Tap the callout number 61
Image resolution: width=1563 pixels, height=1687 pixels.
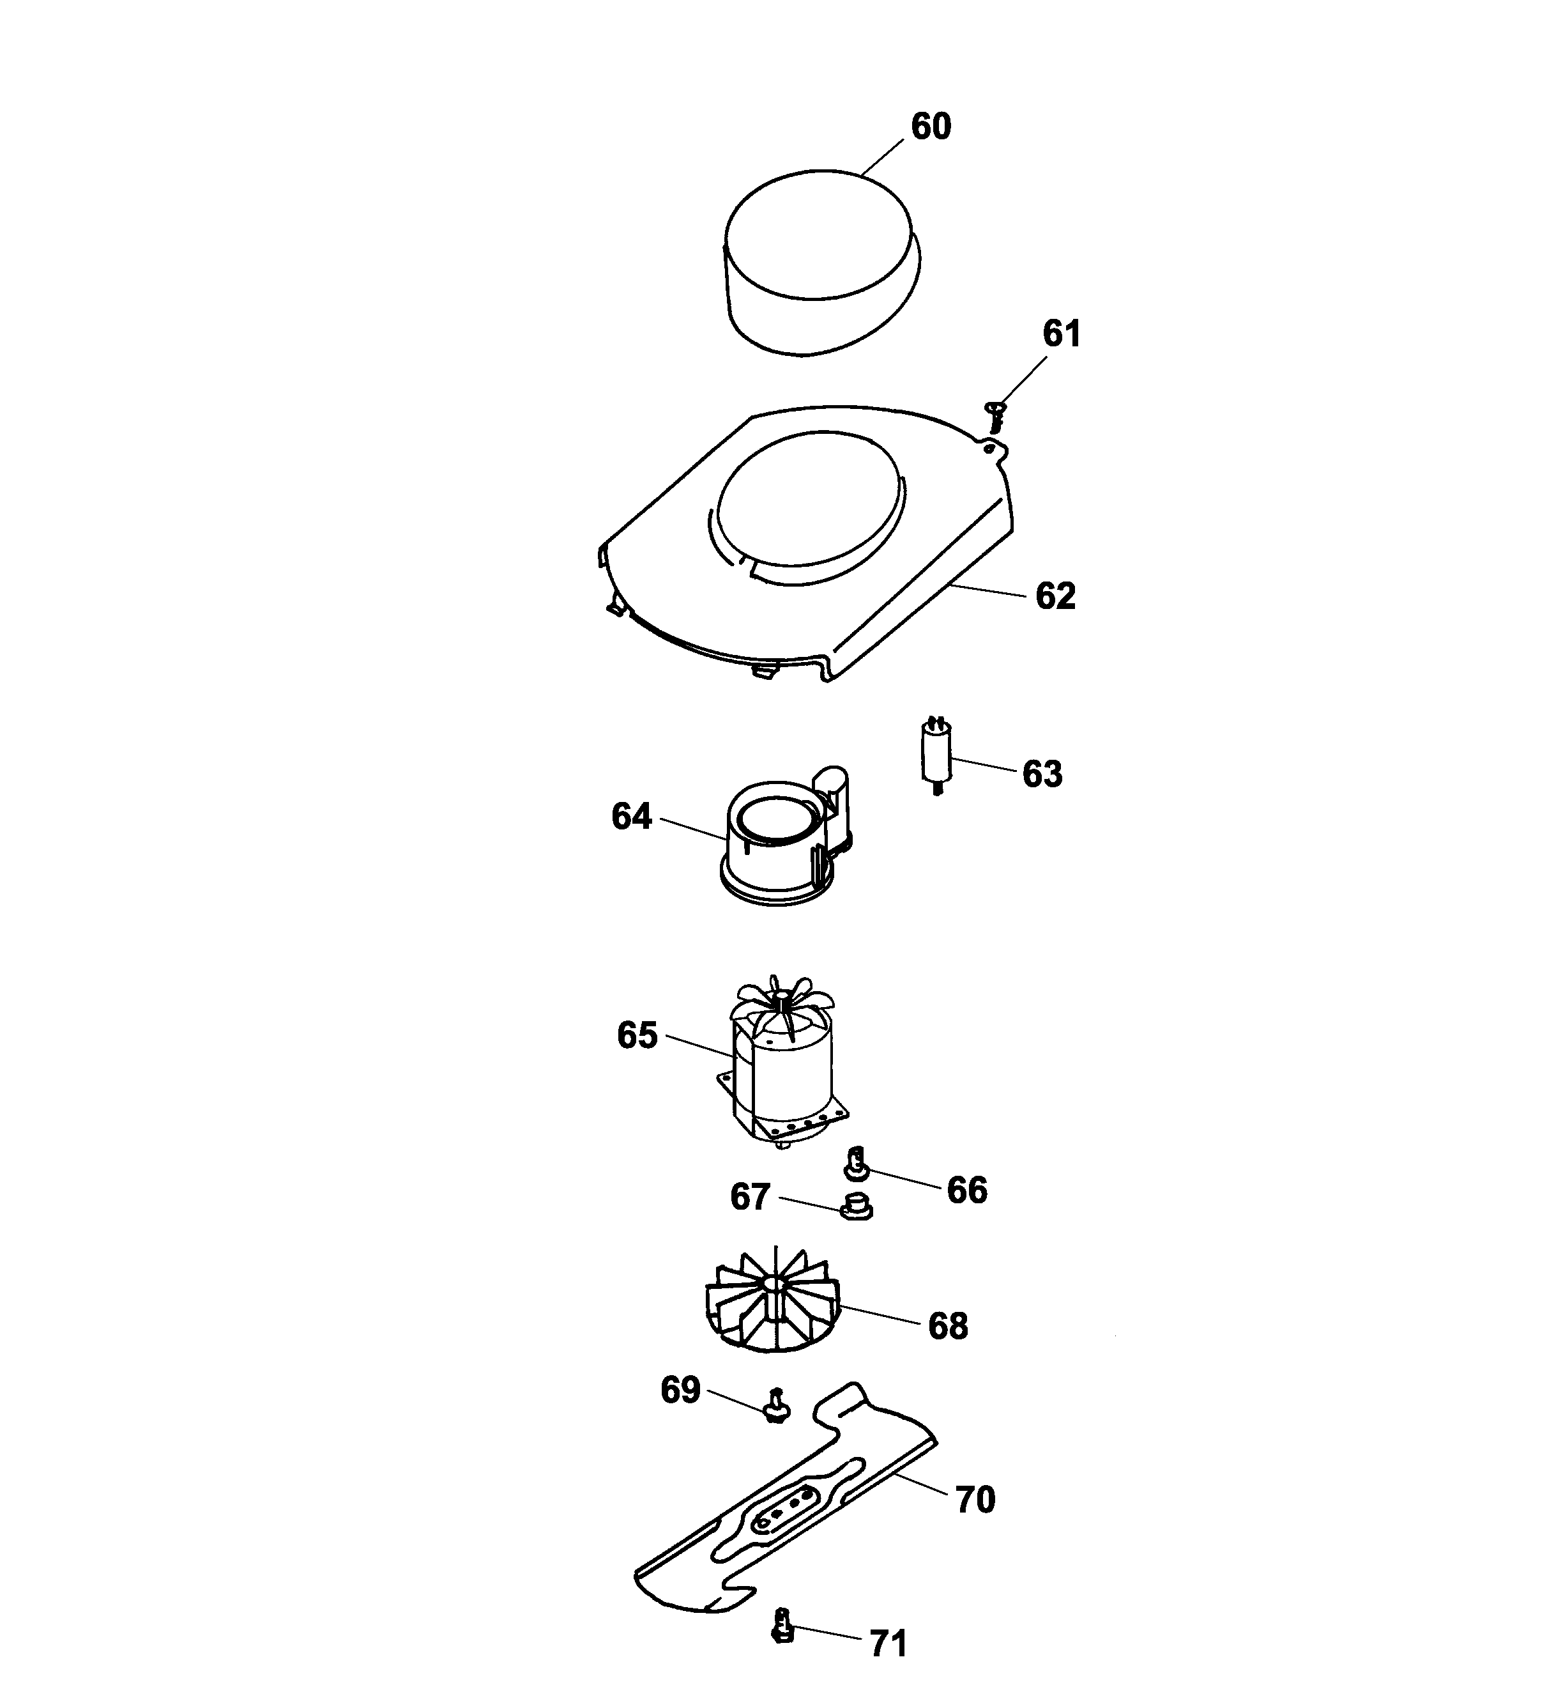pyautogui.click(x=1062, y=334)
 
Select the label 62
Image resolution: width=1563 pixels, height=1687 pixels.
pyautogui.click(x=1056, y=596)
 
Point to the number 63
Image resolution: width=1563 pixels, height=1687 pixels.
pyautogui.click(x=1042, y=774)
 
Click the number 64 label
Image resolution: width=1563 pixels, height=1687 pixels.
pyautogui.click(x=632, y=817)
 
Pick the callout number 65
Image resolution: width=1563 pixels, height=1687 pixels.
pyautogui.click(x=637, y=1036)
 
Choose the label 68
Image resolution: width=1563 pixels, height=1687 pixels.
pyautogui.click(x=947, y=1326)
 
